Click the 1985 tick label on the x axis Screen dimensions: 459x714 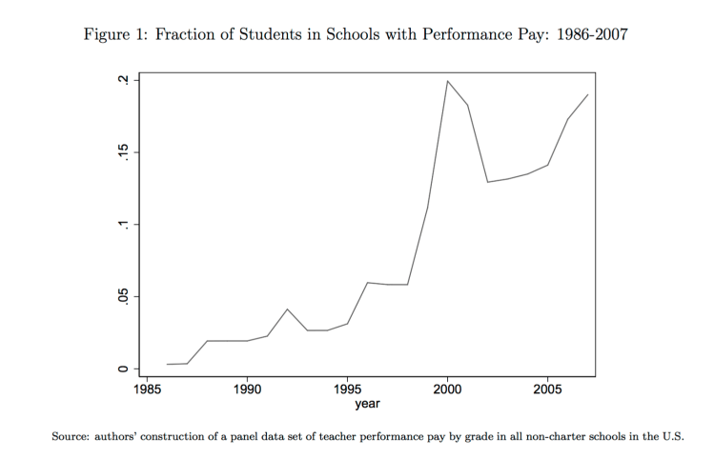click(148, 389)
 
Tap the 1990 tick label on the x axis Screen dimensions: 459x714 click(248, 389)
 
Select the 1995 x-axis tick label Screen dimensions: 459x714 click(348, 389)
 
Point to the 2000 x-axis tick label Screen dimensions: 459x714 click(448, 389)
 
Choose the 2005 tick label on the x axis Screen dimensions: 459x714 click(547, 389)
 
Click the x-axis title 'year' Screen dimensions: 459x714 click(368, 405)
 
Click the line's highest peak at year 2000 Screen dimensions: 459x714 click(448, 81)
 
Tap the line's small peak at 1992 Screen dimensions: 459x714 click(287, 309)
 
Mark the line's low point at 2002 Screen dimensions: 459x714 click(487, 182)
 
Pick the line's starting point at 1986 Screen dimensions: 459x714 click(167, 364)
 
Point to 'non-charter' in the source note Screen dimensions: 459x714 click(538, 437)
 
